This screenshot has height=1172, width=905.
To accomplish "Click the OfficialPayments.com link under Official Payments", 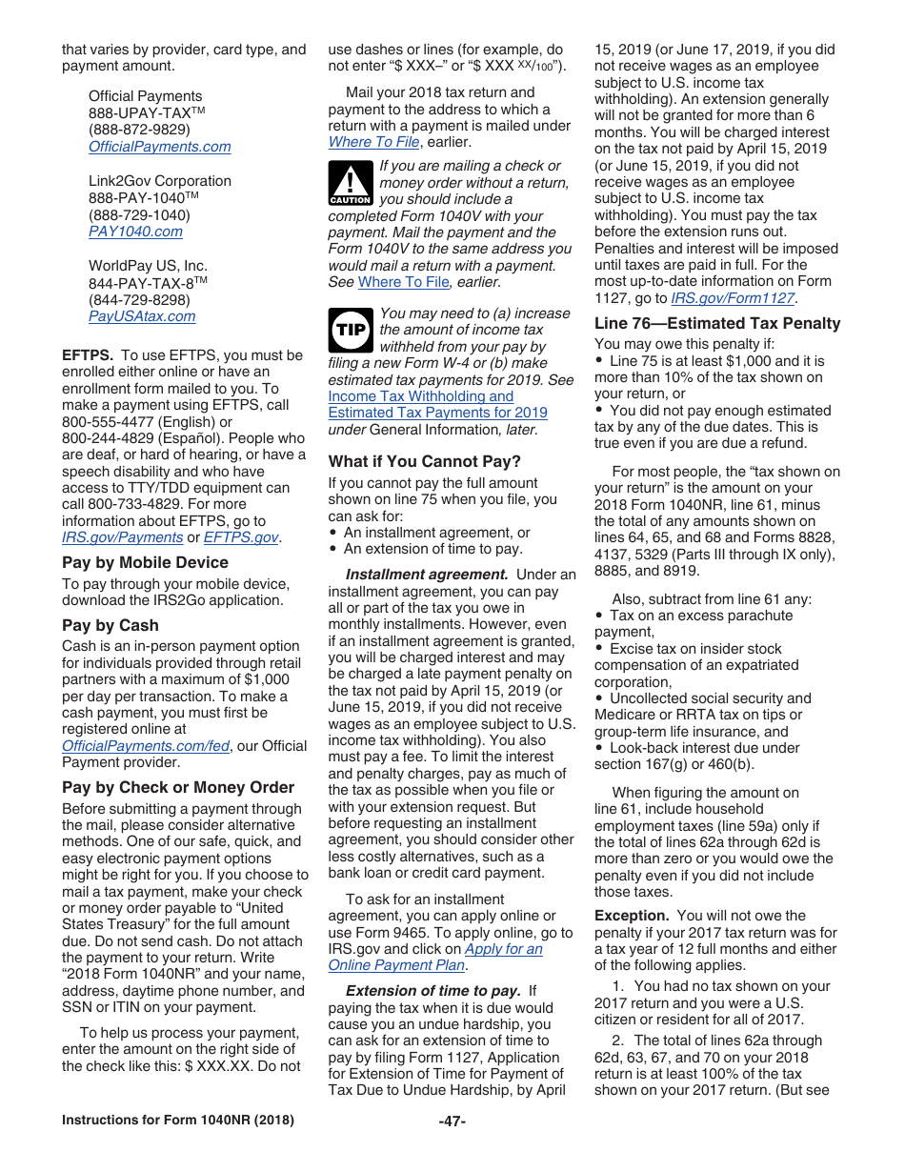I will coord(159,147).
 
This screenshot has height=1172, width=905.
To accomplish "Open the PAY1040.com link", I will coord(135,232).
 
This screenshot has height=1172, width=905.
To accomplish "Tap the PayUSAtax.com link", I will coord(142,316).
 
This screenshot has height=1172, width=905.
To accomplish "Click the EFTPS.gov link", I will coord(241,537).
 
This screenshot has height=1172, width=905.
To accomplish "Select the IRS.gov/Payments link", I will coord(122,537).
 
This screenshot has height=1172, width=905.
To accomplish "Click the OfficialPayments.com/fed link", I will coord(146,746).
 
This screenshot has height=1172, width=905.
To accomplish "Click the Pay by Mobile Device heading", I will coord(145,563).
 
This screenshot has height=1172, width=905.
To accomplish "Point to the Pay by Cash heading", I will coord(111,626).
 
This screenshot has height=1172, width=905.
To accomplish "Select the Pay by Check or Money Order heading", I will coord(178,788).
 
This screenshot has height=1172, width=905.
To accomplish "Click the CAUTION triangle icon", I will coord(349,183).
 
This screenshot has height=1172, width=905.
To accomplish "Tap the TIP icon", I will coord(349,330).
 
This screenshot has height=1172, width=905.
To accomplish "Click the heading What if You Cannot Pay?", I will coord(424,462).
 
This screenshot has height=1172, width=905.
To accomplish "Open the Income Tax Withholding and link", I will coord(420,396).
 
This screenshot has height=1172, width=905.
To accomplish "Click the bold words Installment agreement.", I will coord(426,575).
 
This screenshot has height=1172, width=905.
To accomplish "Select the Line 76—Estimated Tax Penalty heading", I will coord(717,324).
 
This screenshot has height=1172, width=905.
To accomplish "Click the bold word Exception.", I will coord(633,916).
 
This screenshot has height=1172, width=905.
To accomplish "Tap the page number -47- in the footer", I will coord(452,1121).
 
